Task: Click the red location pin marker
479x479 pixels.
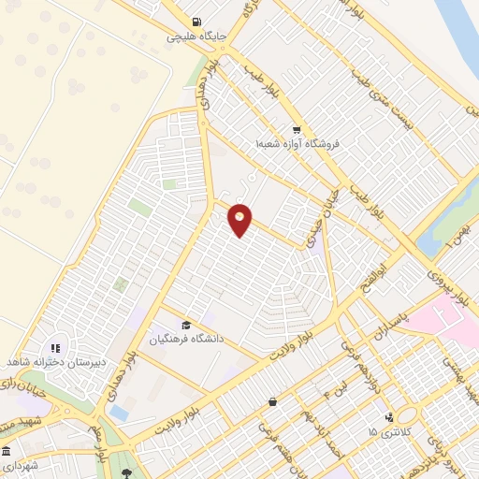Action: tap(240, 221)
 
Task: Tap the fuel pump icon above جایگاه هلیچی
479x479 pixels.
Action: tap(195, 22)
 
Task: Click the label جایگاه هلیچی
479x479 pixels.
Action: tap(193, 38)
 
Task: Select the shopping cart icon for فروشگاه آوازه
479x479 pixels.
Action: tap(297, 131)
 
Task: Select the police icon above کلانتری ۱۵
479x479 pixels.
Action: tap(389, 417)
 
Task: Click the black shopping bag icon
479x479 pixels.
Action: tap(271, 402)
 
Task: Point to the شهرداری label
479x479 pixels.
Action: tap(19, 465)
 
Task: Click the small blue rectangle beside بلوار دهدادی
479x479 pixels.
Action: tap(119, 412)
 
